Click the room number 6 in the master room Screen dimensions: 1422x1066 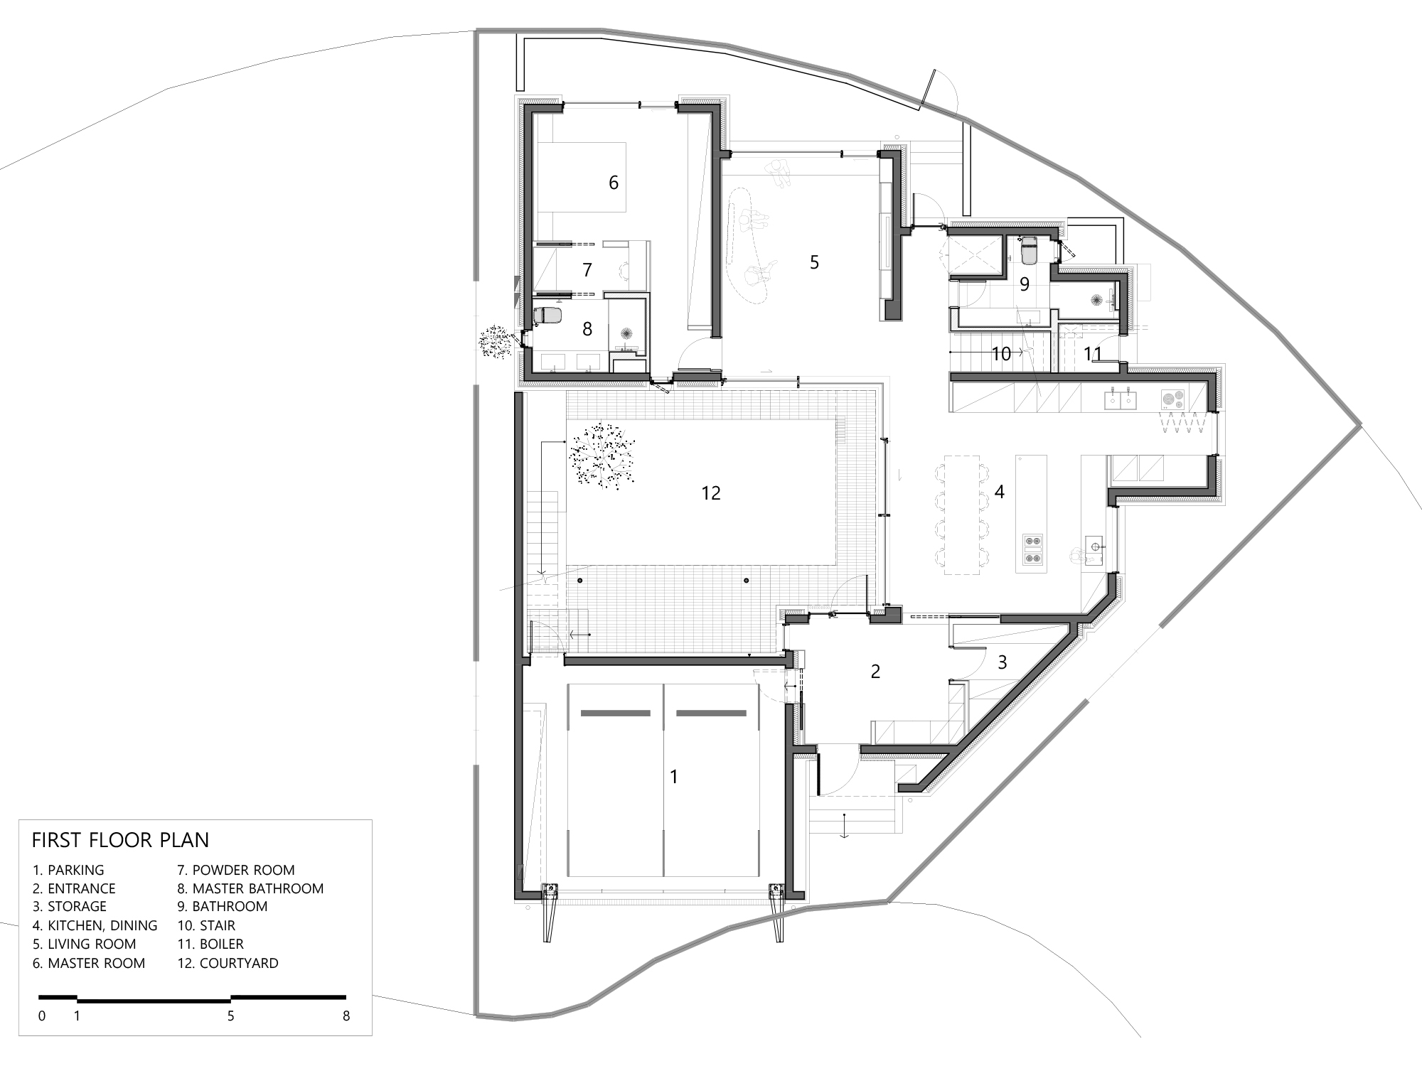[614, 183]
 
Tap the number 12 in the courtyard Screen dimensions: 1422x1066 [711, 492]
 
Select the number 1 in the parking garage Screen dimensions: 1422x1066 [674, 777]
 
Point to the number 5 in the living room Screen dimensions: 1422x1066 [814, 262]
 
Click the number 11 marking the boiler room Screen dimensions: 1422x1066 [1092, 353]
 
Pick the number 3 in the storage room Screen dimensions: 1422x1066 [1003, 662]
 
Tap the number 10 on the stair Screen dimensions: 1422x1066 [1001, 353]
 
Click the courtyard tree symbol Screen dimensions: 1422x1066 [601, 456]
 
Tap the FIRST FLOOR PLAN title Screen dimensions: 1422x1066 [120, 840]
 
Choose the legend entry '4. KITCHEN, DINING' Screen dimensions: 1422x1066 [95, 925]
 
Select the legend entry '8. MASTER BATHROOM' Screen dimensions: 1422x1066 [250, 888]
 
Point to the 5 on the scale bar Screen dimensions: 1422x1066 [230, 1016]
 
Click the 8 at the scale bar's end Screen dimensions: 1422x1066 [346, 1016]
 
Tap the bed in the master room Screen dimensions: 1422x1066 [580, 177]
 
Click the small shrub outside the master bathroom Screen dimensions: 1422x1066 [496, 343]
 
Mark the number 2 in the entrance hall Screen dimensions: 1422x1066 [875, 671]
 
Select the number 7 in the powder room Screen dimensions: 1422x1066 [587, 270]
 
